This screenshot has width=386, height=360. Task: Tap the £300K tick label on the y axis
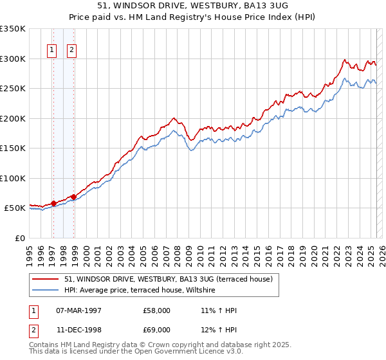pyautogui.click(x=13, y=59)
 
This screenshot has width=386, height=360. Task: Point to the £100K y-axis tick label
pyautogui.click(x=13, y=178)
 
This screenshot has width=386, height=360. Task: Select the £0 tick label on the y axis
pyautogui.click(x=20, y=238)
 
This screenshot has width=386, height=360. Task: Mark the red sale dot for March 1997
pyautogui.click(x=54, y=203)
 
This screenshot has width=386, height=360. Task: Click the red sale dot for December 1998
pyautogui.click(x=74, y=197)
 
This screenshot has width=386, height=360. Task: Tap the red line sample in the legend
pyautogui.click(x=45, y=279)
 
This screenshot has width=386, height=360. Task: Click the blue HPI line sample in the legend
pyautogui.click(x=45, y=290)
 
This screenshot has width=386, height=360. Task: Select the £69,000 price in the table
pyautogui.click(x=157, y=329)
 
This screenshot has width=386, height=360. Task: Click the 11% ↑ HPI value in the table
pyautogui.click(x=219, y=310)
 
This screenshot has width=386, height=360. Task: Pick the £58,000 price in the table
pyautogui.click(x=157, y=310)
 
